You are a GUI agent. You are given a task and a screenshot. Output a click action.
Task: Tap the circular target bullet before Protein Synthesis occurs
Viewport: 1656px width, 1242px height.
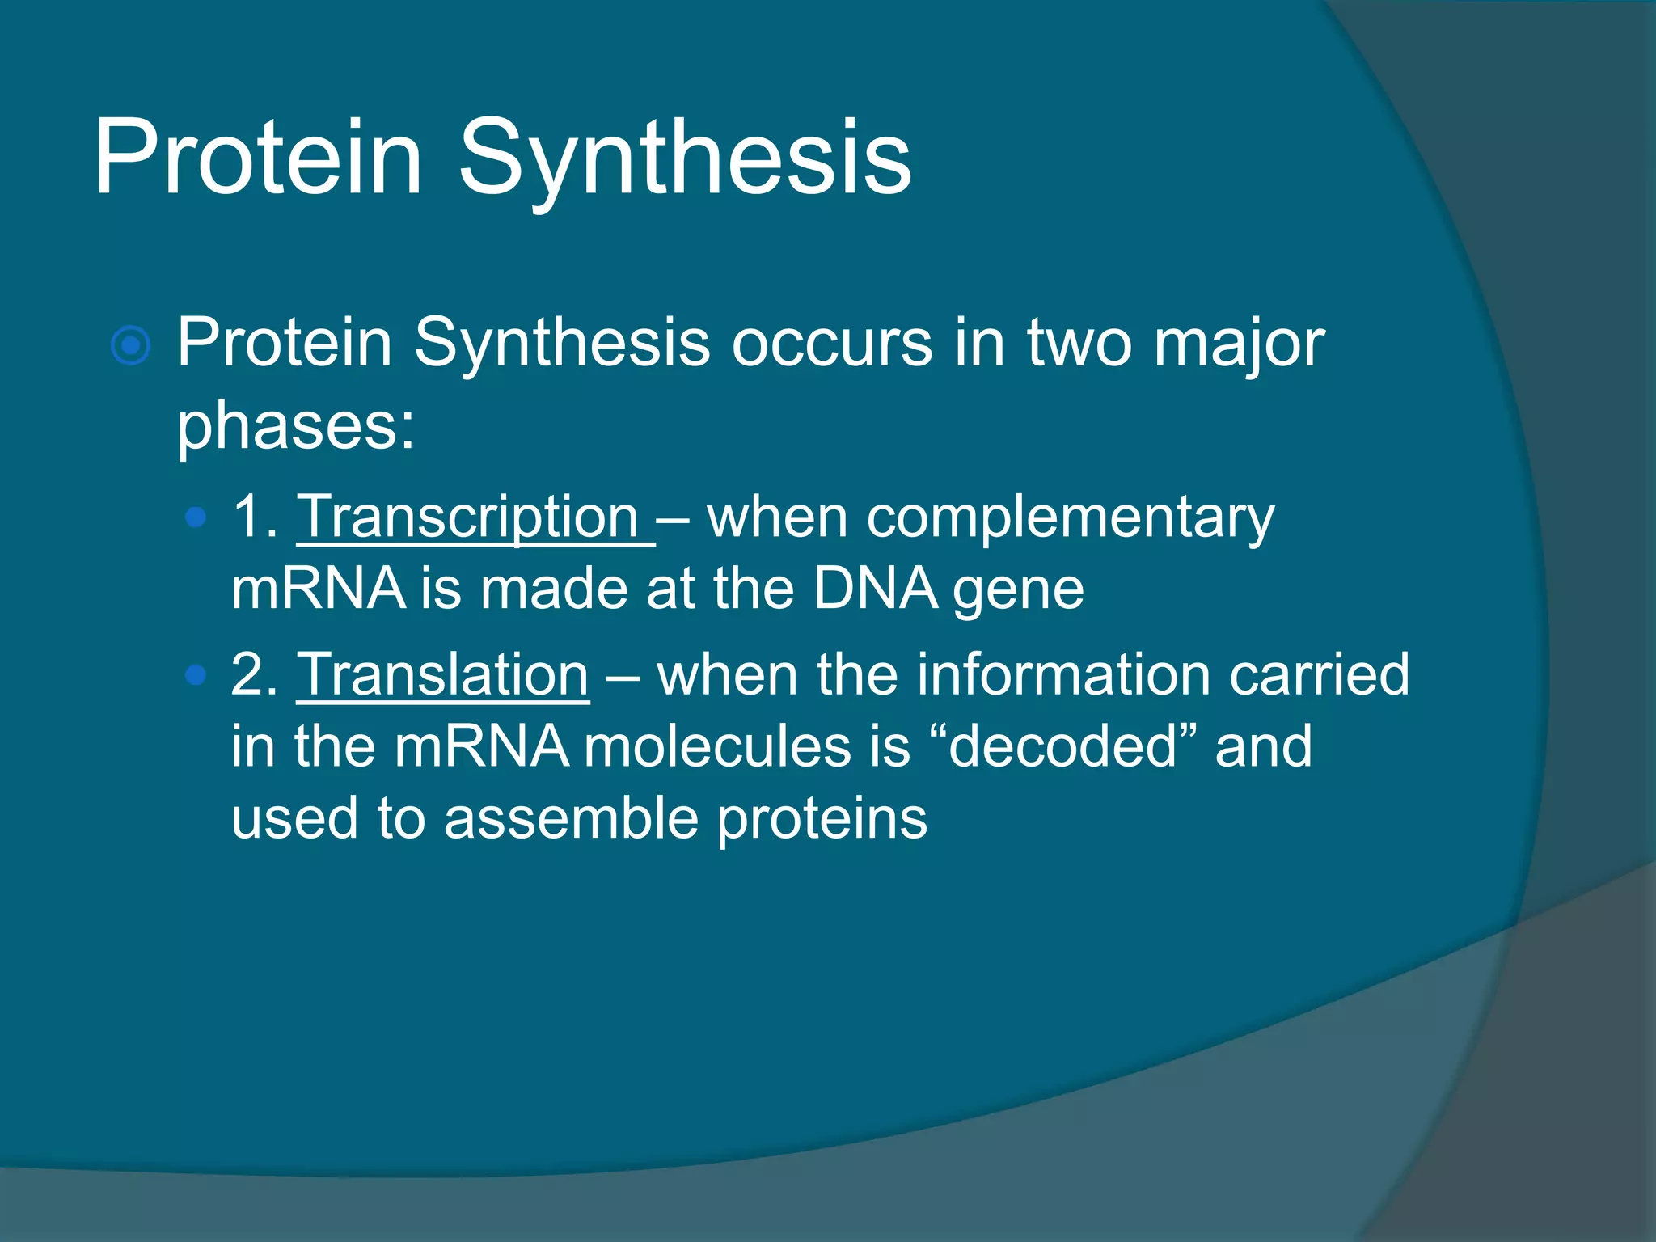[x=130, y=346]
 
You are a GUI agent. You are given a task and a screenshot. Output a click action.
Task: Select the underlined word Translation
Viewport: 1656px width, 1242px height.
[x=443, y=674]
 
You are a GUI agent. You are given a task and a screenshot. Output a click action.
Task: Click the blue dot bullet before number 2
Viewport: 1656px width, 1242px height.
[x=195, y=674]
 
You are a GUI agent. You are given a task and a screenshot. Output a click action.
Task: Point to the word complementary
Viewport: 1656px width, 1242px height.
[x=991, y=518]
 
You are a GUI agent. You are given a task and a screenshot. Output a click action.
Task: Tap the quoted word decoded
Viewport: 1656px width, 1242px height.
[x=1062, y=746]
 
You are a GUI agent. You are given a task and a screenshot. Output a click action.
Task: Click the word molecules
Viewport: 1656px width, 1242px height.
[x=717, y=746]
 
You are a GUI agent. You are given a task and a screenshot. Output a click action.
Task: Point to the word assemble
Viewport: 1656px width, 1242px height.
[x=571, y=818]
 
